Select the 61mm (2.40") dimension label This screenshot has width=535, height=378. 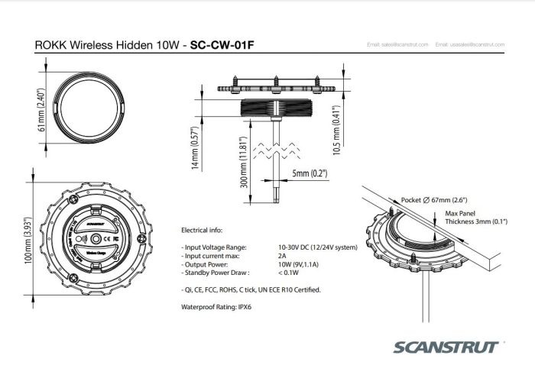[x=44, y=109]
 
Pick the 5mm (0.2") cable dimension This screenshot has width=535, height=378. [x=310, y=174]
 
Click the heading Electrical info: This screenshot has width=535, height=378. [x=202, y=229]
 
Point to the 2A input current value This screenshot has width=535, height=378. [x=283, y=256]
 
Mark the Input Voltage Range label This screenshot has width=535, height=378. [x=215, y=248]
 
